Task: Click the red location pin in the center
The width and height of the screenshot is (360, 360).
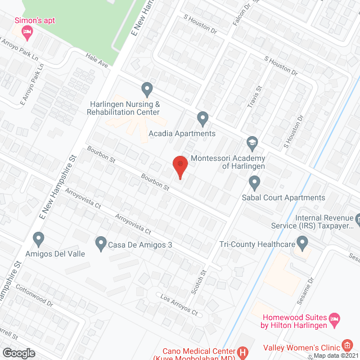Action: pyautogui.click(x=179, y=166)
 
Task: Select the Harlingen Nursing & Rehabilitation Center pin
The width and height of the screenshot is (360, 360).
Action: pyautogui.click(x=147, y=89)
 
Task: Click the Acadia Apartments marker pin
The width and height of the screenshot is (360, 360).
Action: pyautogui.click(x=203, y=118)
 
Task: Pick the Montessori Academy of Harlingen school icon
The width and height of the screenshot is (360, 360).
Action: pyautogui.click(x=252, y=143)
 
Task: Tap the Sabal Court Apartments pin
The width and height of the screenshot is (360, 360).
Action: pyautogui.click(x=254, y=182)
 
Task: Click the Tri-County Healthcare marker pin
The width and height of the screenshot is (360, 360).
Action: pyautogui.click(x=303, y=244)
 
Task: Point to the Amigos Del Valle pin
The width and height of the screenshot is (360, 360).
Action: pyautogui.click(x=39, y=239)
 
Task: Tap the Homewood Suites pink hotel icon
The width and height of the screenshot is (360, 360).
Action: pyautogui.click(x=335, y=321)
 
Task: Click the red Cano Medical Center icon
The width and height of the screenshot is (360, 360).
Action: pyautogui.click(x=243, y=353)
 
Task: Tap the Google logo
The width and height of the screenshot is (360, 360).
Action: pyautogui.click(x=19, y=353)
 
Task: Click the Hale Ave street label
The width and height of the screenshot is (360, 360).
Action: pyautogui.click(x=96, y=61)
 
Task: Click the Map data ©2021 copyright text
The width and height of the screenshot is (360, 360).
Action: pyautogui.click(x=335, y=355)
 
